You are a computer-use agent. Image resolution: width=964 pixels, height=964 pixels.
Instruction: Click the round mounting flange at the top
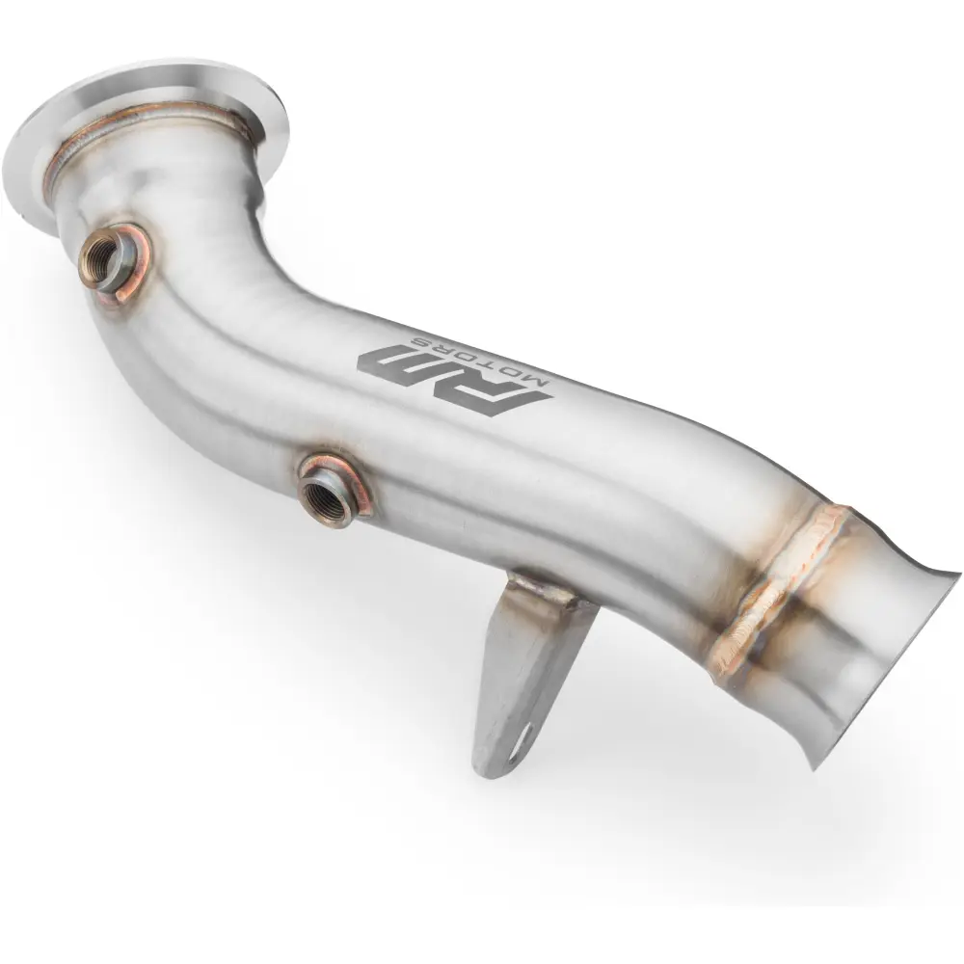pos(145,135)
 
